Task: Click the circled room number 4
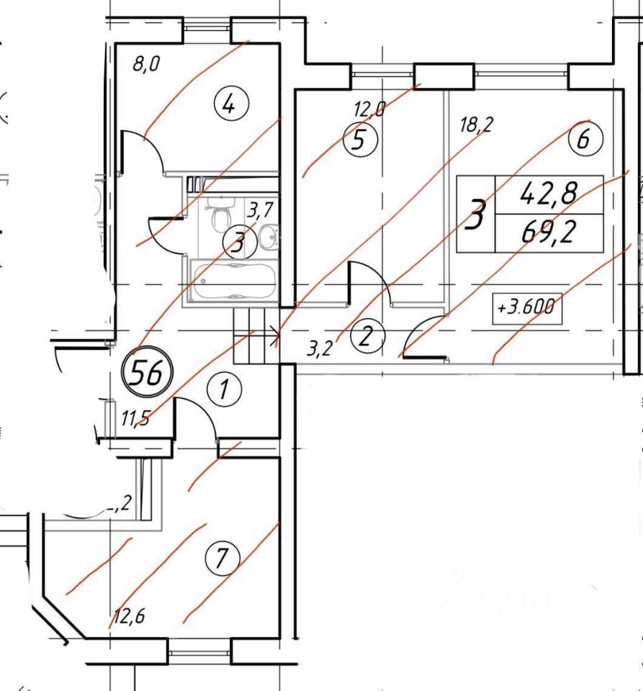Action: pos(228,107)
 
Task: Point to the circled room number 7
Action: pos(221,557)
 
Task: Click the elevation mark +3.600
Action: pos(526,307)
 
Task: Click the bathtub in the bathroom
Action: pos(233,281)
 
